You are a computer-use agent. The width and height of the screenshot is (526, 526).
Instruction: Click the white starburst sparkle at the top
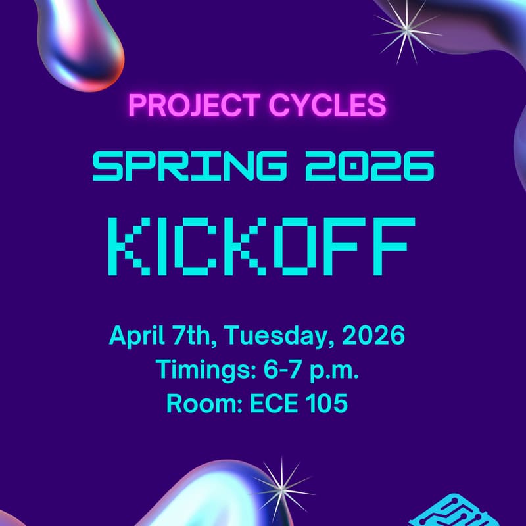coord(406,30)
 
